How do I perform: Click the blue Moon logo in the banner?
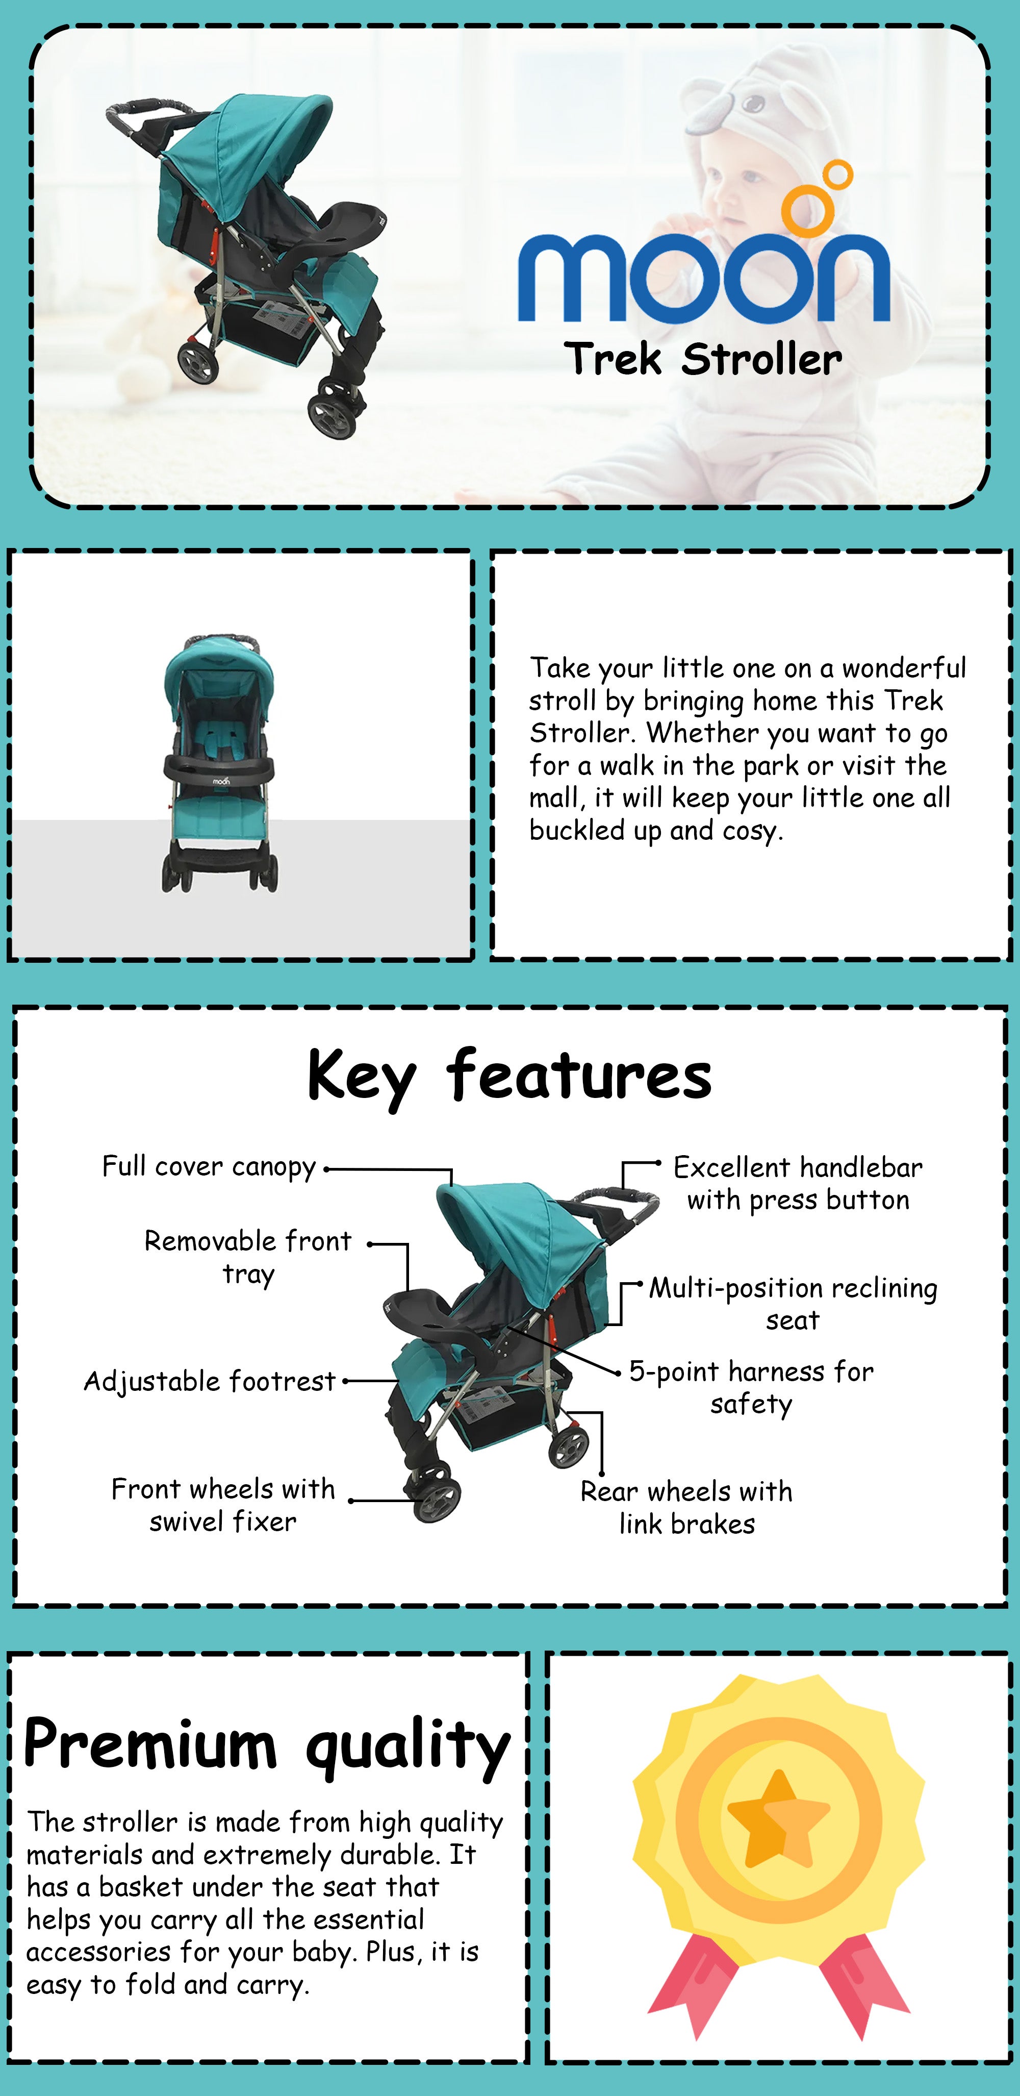point(704,244)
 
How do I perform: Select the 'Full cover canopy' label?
point(209,1167)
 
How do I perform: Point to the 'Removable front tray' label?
point(248,1258)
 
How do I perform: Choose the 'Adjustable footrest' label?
point(210,1382)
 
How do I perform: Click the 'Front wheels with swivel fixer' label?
point(223,1505)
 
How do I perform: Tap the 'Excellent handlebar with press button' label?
point(798,1184)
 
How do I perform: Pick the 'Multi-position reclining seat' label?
point(793,1304)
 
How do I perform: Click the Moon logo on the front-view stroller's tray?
point(221,781)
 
